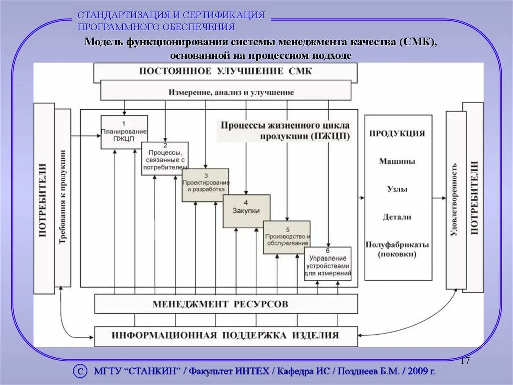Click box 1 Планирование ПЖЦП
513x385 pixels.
124,132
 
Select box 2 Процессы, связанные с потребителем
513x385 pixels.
165,158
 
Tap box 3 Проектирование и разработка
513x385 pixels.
205,185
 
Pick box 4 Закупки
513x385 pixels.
246,211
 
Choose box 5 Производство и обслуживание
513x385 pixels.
287,237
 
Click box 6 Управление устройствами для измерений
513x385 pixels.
328,264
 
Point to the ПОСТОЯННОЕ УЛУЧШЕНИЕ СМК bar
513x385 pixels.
225,71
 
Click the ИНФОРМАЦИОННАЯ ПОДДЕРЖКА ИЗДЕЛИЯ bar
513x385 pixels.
225,335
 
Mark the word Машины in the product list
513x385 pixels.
397,162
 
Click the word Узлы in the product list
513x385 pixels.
397,189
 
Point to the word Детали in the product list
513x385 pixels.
397,217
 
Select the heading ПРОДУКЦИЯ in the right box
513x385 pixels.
397,134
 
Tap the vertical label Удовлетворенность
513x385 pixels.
454,199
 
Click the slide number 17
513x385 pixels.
464,361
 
